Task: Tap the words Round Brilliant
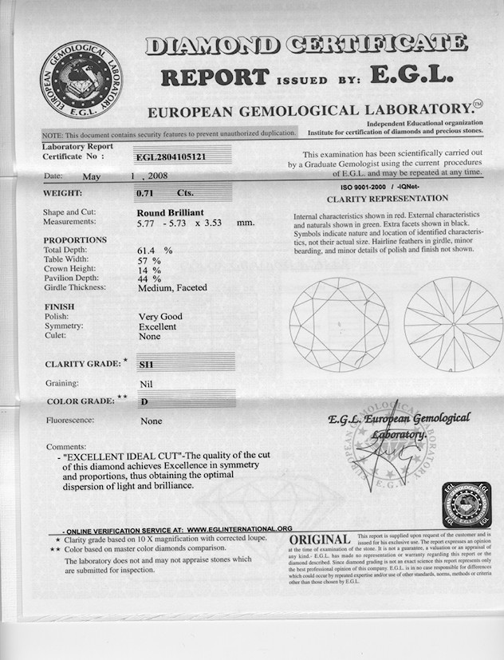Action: coord(171,212)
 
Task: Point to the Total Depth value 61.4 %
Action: coord(155,251)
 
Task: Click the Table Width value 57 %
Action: coord(151,260)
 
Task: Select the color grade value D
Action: coord(144,401)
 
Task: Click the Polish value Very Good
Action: coord(160,317)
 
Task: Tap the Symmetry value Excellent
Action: coord(158,326)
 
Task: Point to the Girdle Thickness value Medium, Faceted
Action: coord(172,288)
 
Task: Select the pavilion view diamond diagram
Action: coord(451,324)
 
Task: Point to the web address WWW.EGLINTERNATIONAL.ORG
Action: coord(240,528)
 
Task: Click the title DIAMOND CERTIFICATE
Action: coord(306,45)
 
